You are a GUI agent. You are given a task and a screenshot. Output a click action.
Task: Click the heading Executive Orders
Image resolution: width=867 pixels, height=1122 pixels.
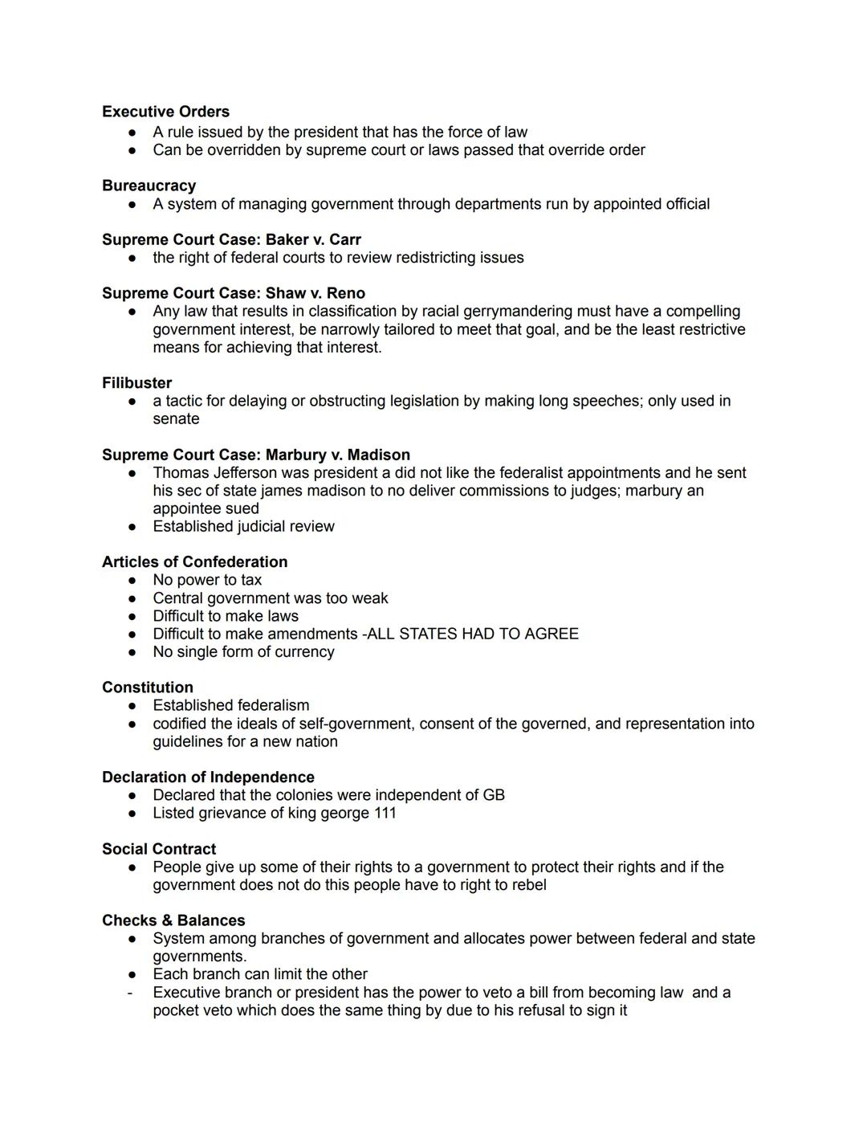(x=165, y=112)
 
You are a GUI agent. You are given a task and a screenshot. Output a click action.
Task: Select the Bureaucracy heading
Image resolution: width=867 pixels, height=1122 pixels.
(x=149, y=186)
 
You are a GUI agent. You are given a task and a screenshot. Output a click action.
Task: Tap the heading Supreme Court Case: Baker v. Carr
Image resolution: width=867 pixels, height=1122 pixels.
(x=231, y=239)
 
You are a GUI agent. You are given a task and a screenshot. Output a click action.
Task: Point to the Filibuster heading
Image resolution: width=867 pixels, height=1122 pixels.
(x=136, y=383)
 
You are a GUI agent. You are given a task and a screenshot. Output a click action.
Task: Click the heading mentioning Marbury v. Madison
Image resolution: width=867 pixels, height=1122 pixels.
(x=256, y=455)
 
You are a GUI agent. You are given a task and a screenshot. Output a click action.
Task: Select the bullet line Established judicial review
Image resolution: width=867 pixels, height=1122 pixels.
(x=243, y=526)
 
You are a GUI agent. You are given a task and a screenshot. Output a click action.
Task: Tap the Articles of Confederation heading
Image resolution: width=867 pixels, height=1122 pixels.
(x=194, y=562)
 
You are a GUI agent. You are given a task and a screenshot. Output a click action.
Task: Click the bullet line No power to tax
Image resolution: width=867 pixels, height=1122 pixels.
(x=207, y=580)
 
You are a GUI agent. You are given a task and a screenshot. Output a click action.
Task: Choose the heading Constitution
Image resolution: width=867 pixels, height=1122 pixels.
(x=148, y=687)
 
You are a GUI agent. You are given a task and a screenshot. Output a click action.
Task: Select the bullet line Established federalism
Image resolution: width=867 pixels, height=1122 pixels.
(x=230, y=705)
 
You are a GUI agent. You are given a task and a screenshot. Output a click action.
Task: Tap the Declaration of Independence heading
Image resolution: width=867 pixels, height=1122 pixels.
(x=208, y=777)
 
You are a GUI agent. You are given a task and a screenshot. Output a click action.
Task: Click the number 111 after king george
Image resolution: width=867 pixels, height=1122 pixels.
(x=385, y=813)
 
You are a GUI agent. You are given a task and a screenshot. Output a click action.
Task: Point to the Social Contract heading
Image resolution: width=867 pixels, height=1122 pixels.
(x=159, y=849)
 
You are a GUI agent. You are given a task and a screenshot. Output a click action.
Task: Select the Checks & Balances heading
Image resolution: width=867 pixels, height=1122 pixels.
(x=173, y=920)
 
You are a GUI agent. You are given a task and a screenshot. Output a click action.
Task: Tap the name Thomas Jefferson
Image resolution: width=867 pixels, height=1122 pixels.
(x=204, y=473)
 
